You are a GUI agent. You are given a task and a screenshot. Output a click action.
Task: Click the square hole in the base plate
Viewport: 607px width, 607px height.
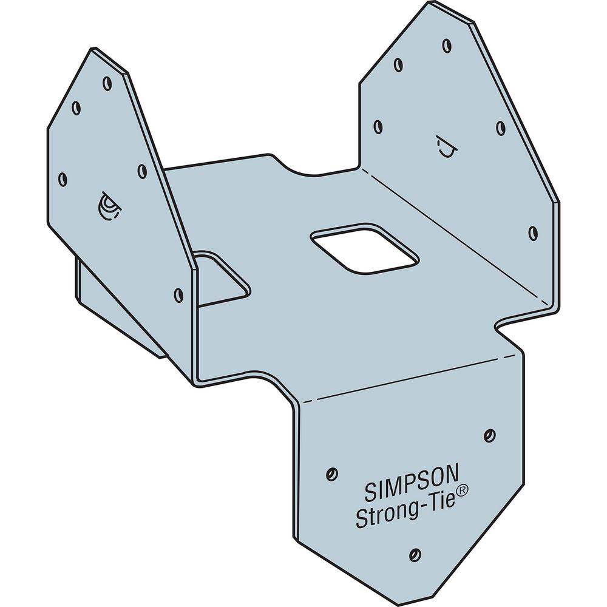[x=364, y=249]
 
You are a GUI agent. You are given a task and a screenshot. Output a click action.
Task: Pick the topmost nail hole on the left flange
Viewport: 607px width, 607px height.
[x=107, y=84]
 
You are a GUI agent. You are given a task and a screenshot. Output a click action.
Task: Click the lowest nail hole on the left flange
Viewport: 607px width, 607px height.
[x=178, y=295]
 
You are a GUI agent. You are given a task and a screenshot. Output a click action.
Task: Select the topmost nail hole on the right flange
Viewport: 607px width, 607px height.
[x=446, y=45]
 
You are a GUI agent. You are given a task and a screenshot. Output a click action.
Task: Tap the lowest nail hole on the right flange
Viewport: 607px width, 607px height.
[x=532, y=232]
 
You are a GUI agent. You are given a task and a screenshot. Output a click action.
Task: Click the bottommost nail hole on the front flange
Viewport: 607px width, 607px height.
[x=415, y=553]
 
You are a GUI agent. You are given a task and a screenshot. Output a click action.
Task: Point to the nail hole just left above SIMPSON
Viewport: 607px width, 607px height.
[x=331, y=472]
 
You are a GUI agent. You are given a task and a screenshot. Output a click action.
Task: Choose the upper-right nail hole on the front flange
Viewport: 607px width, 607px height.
[x=489, y=435]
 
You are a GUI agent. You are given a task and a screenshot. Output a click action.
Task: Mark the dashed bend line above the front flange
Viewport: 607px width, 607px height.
[x=413, y=379]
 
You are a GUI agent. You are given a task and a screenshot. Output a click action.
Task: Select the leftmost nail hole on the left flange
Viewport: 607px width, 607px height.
[x=62, y=178]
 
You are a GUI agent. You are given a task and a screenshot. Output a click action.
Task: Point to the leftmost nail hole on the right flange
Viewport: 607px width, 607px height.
[x=378, y=126]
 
